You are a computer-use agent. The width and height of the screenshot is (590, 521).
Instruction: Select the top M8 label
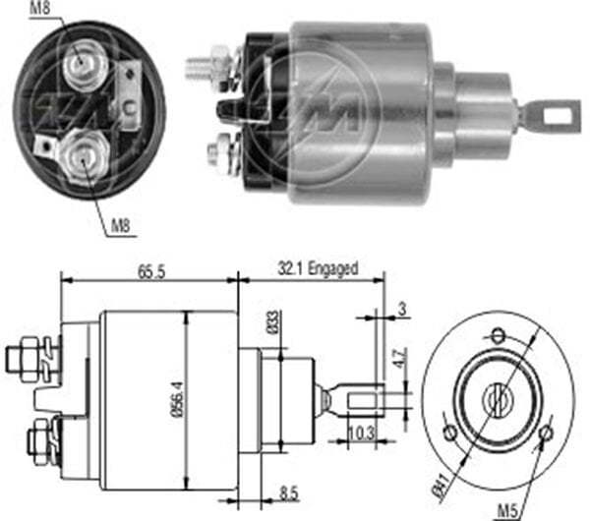point(39,12)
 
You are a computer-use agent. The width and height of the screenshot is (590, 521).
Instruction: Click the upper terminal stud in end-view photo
point(79,65)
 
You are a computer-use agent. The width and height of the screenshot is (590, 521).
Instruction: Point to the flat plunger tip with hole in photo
point(547,116)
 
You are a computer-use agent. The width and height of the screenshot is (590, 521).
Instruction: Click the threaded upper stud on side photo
point(202,68)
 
